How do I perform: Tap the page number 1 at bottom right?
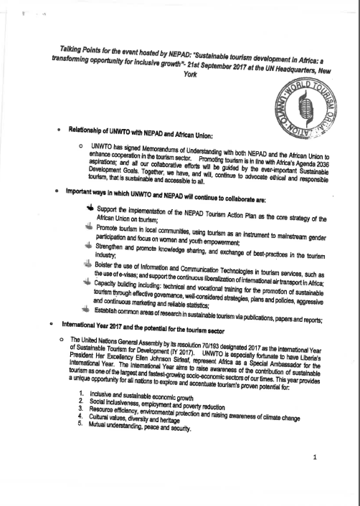pyautogui.click(x=315, y=457)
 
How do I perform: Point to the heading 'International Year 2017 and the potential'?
pyautogui.click(x=143, y=328)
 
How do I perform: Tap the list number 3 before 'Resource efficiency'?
pyautogui.click(x=81, y=409)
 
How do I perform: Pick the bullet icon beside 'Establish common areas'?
pyautogui.click(x=86, y=309)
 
